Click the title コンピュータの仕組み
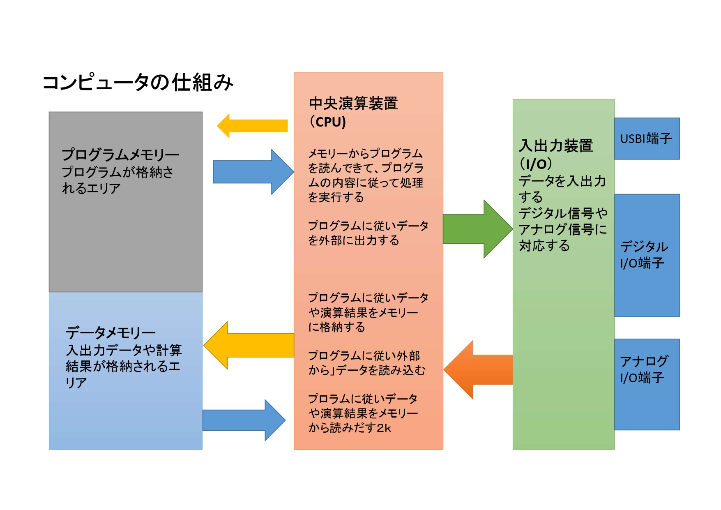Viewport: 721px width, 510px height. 138,82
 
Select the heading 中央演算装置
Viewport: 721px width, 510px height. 353,104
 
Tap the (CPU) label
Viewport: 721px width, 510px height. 327,122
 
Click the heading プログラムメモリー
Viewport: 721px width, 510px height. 120,155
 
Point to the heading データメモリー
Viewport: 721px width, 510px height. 111,332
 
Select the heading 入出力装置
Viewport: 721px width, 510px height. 556,146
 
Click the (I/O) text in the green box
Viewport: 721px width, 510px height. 536,164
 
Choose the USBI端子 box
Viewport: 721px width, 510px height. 647,138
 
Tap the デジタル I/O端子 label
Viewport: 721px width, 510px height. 644,255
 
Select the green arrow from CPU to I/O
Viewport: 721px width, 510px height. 478,229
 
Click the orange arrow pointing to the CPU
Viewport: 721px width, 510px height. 478,369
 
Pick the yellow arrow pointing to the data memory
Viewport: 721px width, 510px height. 249,345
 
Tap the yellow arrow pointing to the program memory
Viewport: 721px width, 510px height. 252,126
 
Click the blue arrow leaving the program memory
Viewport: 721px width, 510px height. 253,172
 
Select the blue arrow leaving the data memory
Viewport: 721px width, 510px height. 244,420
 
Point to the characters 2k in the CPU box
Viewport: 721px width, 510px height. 384,428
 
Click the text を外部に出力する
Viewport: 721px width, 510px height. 354,240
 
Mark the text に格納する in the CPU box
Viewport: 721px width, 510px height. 337,327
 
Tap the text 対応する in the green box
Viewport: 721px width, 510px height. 544,246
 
